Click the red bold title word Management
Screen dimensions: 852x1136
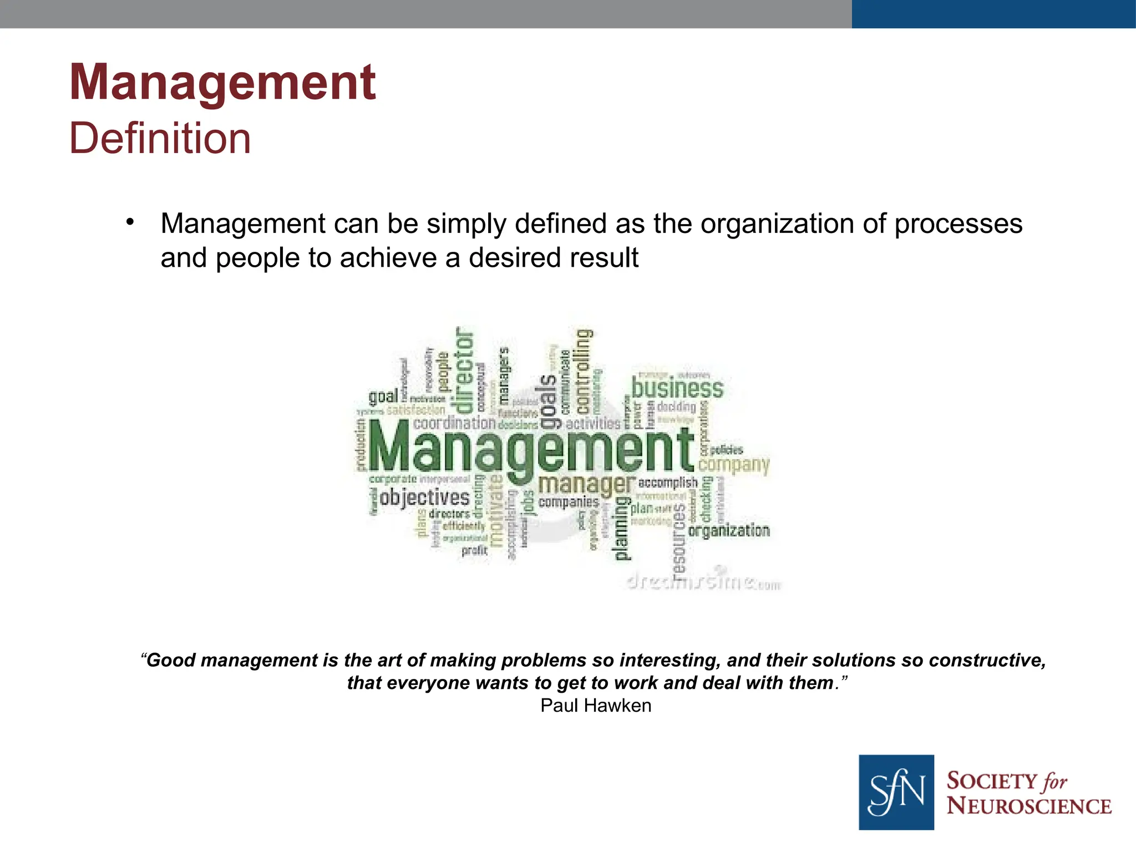223,83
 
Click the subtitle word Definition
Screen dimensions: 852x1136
160,139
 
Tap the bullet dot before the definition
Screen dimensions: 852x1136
130,222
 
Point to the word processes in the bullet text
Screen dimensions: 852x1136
958,224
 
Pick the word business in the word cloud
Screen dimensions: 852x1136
677,388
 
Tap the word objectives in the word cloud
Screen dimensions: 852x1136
424,497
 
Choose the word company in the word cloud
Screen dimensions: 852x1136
734,465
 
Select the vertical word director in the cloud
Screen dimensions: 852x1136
464,370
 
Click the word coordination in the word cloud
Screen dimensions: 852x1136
454,423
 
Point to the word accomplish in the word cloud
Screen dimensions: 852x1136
667,483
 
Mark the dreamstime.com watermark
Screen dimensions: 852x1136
703,581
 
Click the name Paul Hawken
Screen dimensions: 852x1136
596,706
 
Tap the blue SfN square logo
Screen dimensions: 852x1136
896,792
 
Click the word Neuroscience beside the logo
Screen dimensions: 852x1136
1029,806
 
